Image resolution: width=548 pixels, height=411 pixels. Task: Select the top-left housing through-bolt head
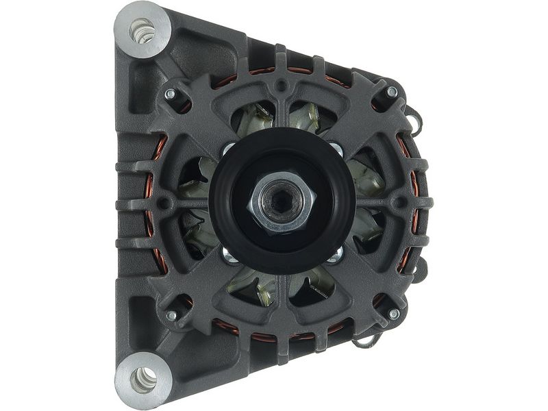[x=170, y=94]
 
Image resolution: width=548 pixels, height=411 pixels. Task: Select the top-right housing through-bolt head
[x=392, y=92]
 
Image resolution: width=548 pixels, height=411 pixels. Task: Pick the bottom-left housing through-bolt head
[x=171, y=315]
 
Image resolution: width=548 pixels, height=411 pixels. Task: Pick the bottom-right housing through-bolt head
[x=393, y=314]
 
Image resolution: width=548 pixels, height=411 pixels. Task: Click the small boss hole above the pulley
[x=281, y=87]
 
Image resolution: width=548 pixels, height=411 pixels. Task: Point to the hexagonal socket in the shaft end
[x=280, y=203]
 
